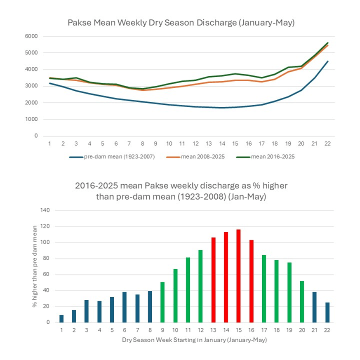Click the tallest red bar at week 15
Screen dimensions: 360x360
(239, 276)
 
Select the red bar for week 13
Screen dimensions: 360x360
(213, 280)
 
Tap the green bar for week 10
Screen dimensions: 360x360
(175, 296)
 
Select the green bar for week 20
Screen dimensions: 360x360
(302, 302)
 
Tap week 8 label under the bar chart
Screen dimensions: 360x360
(150, 330)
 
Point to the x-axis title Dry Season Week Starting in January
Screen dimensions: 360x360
(194, 340)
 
